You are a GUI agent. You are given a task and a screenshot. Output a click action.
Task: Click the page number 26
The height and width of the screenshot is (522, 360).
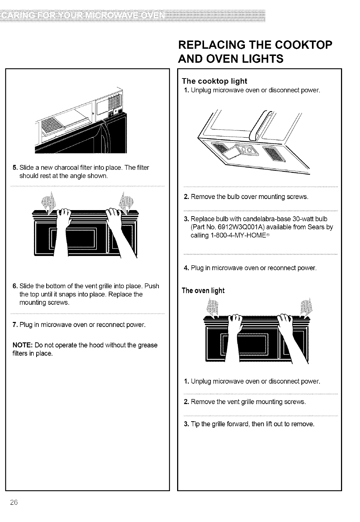[x=14, y=502]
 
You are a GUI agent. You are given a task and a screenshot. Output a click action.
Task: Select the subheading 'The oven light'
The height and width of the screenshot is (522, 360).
[x=203, y=290]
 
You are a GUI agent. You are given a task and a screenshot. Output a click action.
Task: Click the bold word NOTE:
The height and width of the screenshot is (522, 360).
[x=23, y=345]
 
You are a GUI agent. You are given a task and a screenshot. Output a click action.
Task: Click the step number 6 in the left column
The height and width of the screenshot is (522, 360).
[x=15, y=286]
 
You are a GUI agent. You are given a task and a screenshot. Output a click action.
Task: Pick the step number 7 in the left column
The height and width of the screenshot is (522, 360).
[x=15, y=325]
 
